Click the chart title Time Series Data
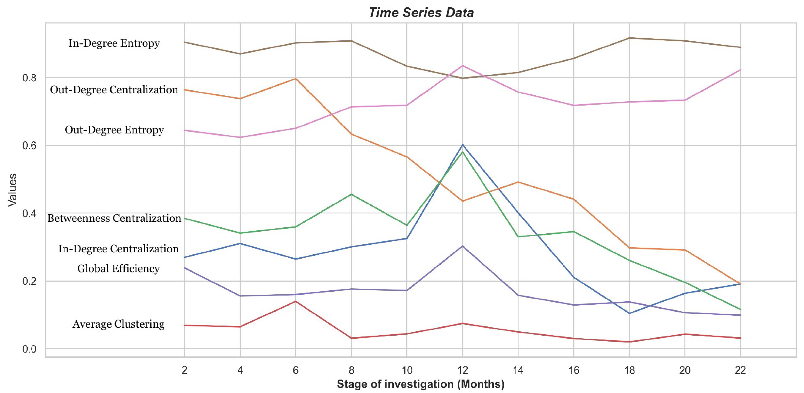tap(421, 13)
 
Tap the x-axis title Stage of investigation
tap(420, 384)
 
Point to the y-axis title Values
tap(12, 190)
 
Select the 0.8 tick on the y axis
tap(29, 78)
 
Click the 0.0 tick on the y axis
tap(29, 349)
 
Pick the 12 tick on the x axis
tap(462, 370)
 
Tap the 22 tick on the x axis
tap(740, 370)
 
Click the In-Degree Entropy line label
tap(114, 43)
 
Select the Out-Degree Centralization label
tap(114, 90)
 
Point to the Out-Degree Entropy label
tap(114, 130)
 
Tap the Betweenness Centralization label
tap(114, 218)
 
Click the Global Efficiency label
tap(118, 268)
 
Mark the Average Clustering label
tap(118, 324)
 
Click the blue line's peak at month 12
tap(462, 145)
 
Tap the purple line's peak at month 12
tap(462, 246)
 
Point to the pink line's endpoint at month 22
tap(740, 70)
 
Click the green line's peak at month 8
tap(352, 194)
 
